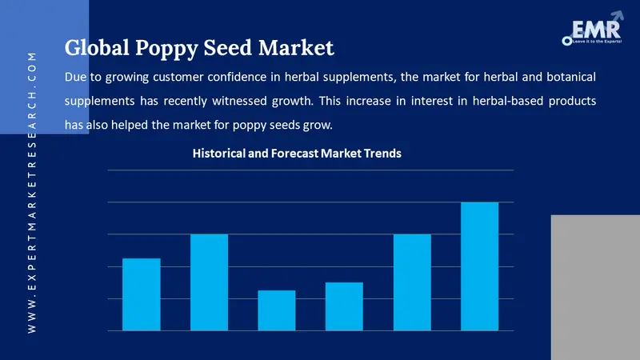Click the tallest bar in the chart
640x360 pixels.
click(x=480, y=266)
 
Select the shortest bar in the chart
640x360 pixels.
click(x=277, y=310)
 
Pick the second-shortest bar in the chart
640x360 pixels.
click(x=344, y=306)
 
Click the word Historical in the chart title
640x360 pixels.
click(x=219, y=154)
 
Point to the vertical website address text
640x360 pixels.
click(x=32, y=192)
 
